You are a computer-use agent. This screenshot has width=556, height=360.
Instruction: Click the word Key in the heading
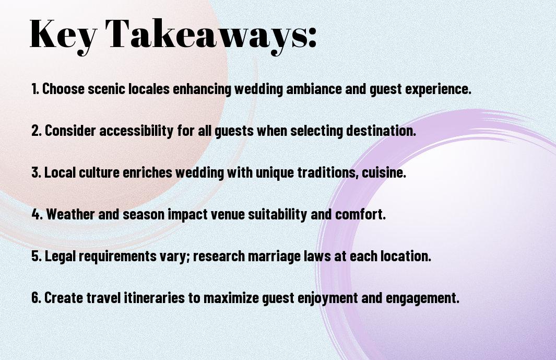pos(63,34)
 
